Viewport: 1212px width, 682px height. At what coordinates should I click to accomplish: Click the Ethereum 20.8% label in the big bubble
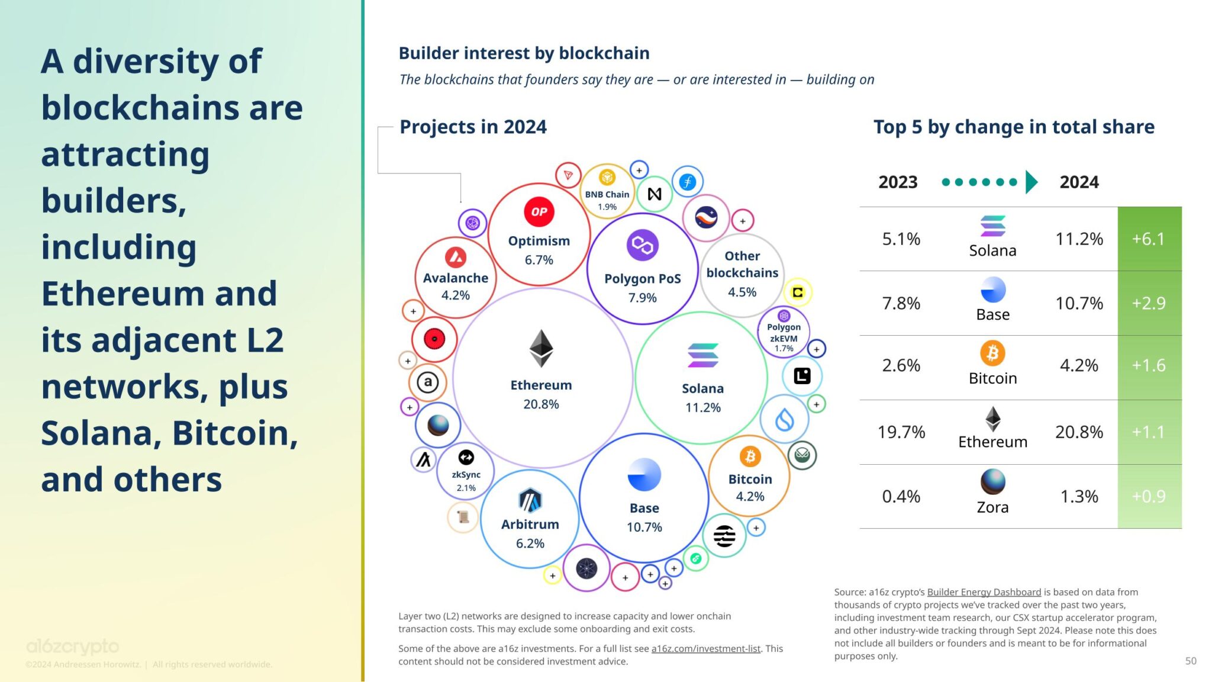tap(541, 394)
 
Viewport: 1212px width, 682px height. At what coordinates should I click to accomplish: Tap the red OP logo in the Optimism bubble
tap(539, 212)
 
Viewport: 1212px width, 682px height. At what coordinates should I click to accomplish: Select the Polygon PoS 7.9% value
tap(642, 298)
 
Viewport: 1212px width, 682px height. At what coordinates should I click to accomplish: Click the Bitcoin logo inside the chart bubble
tap(750, 456)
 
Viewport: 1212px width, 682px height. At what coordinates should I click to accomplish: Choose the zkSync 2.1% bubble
tap(466, 473)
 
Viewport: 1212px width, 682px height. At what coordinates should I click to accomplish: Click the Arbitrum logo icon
tap(530, 501)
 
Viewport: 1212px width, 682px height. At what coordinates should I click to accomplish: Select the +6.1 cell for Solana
tap(1149, 239)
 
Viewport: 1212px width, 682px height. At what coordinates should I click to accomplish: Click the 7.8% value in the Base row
tap(901, 303)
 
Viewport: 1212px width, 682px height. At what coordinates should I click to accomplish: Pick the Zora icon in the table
tap(992, 481)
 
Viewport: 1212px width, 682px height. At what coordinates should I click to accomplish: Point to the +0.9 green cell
tap(1149, 496)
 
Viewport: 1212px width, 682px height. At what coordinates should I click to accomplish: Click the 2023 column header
tap(898, 182)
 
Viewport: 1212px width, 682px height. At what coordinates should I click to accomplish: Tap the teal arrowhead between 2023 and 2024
tap(1032, 182)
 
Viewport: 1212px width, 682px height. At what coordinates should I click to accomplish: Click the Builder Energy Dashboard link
tap(984, 592)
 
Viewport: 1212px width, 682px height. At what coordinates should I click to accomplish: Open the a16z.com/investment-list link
tap(705, 649)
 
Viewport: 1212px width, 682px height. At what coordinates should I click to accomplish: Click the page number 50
tap(1191, 661)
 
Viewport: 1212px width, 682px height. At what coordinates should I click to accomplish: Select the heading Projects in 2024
tap(473, 127)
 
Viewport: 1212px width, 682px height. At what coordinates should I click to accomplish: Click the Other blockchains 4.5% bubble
tap(742, 274)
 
